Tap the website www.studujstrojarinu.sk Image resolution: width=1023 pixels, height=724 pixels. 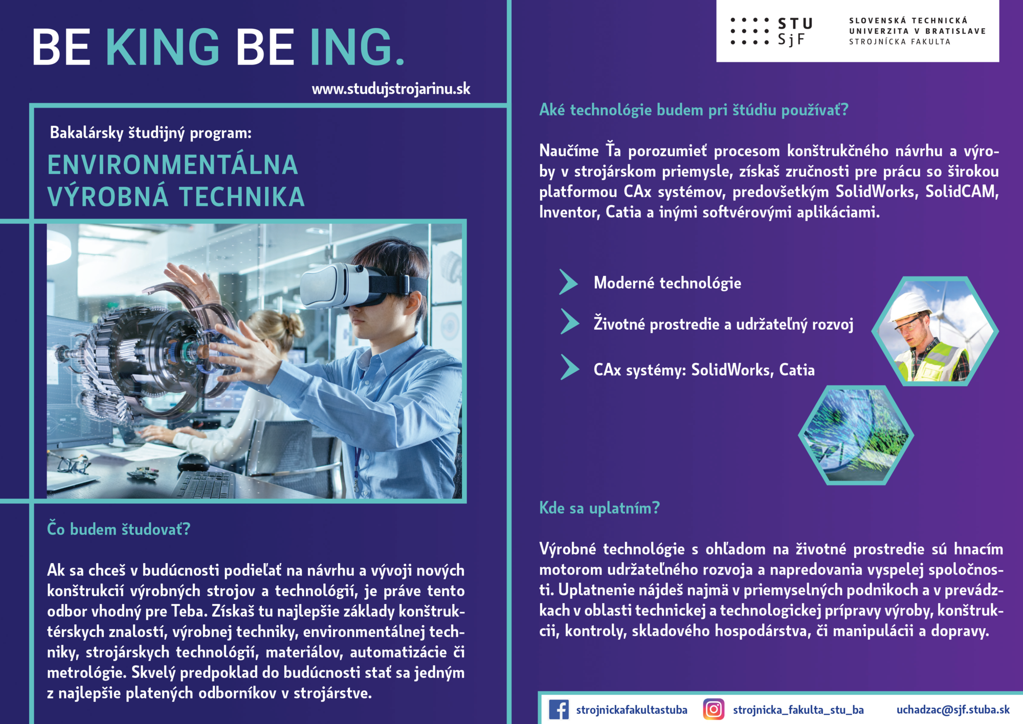391,89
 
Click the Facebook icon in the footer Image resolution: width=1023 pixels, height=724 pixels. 559,710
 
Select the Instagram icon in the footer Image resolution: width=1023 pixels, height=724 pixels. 714,710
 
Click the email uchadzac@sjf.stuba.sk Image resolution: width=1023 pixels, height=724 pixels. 953,710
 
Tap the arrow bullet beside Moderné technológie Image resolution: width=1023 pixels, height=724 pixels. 568,282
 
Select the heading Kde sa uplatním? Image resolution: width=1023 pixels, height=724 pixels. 599,508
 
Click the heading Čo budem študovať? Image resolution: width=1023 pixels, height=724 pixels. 119,529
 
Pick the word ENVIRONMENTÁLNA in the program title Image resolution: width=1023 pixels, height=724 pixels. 173,165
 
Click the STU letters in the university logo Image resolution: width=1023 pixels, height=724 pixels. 795,24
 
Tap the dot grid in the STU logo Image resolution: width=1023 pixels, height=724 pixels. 750,31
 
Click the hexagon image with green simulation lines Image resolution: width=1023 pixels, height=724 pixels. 856,435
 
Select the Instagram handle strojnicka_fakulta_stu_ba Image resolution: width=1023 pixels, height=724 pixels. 798,710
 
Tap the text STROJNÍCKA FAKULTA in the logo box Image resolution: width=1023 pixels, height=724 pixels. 900,42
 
